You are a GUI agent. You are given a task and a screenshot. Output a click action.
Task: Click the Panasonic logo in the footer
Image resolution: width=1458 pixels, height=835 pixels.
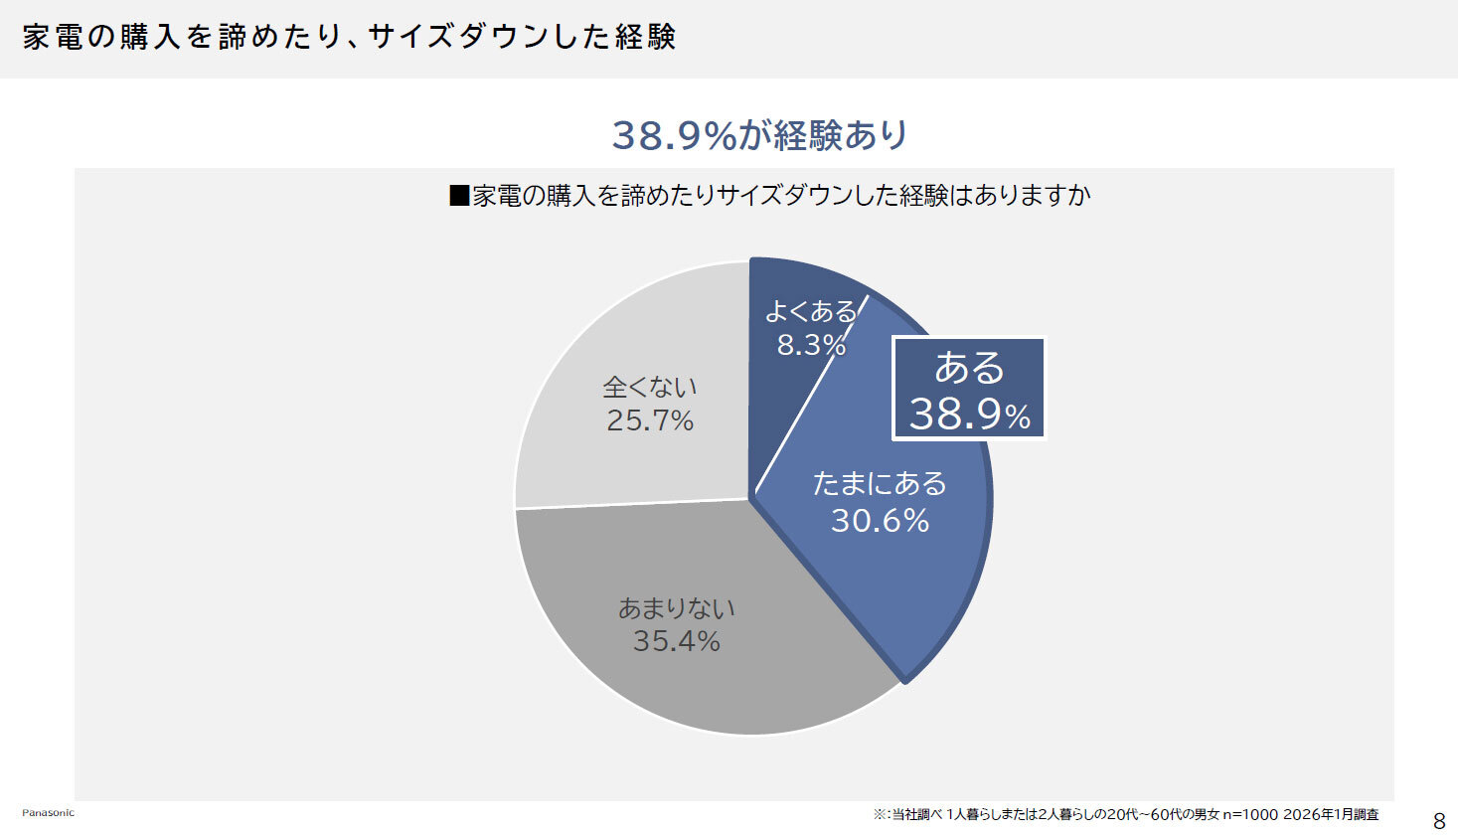(x=48, y=813)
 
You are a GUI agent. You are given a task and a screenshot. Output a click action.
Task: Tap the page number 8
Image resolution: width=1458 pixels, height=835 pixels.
(x=1438, y=821)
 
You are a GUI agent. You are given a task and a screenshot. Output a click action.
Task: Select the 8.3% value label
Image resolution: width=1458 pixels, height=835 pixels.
(x=811, y=345)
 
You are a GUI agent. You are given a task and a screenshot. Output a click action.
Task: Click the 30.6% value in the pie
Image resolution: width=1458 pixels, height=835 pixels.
(x=880, y=520)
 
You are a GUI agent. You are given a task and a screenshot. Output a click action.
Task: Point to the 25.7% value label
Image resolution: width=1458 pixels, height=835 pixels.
(x=650, y=420)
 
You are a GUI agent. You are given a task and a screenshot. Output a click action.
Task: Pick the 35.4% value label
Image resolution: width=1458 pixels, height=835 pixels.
(x=676, y=641)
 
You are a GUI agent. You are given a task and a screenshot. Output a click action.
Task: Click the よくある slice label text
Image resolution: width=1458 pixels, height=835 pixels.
(x=810, y=312)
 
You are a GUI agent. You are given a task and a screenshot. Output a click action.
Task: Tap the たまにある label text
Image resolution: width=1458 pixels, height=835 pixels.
(x=880, y=483)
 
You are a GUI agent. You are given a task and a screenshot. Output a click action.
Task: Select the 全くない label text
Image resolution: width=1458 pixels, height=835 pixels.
(x=650, y=387)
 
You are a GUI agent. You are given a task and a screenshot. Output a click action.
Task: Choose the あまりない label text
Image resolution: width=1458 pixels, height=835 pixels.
(x=676, y=607)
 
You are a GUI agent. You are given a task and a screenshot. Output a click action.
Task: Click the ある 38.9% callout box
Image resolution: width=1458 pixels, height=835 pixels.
(x=969, y=389)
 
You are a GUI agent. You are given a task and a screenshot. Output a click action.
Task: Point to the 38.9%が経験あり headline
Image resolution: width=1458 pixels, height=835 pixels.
(x=759, y=135)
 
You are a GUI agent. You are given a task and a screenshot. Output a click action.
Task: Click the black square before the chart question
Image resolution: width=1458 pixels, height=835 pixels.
(x=459, y=195)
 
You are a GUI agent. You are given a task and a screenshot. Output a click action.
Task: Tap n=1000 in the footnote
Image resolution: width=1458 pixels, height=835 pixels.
(x=1250, y=815)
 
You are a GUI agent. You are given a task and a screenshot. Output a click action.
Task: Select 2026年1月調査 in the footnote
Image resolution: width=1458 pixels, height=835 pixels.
(x=1331, y=815)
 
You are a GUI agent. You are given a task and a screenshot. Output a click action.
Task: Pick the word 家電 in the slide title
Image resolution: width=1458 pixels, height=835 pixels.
(x=52, y=37)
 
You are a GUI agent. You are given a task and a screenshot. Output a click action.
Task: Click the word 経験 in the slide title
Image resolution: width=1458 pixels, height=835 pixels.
(x=646, y=37)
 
